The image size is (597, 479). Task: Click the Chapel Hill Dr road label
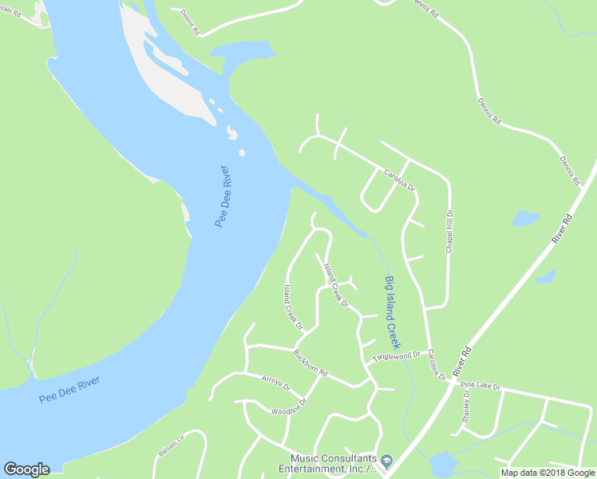(x=450, y=232)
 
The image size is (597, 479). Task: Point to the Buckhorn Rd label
(x=310, y=363)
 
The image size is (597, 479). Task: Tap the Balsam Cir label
(x=171, y=445)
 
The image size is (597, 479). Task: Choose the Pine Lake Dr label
(x=480, y=386)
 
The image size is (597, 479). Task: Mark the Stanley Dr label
(x=465, y=409)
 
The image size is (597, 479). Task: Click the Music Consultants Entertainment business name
(x=333, y=463)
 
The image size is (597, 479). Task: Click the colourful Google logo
(x=26, y=469)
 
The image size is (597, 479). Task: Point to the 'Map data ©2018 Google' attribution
(x=548, y=473)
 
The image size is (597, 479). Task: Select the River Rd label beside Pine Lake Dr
(x=461, y=362)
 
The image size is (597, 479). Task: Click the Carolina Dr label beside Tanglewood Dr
(x=435, y=363)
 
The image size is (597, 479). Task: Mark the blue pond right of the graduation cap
(x=441, y=465)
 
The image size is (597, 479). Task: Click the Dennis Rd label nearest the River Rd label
(x=568, y=170)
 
